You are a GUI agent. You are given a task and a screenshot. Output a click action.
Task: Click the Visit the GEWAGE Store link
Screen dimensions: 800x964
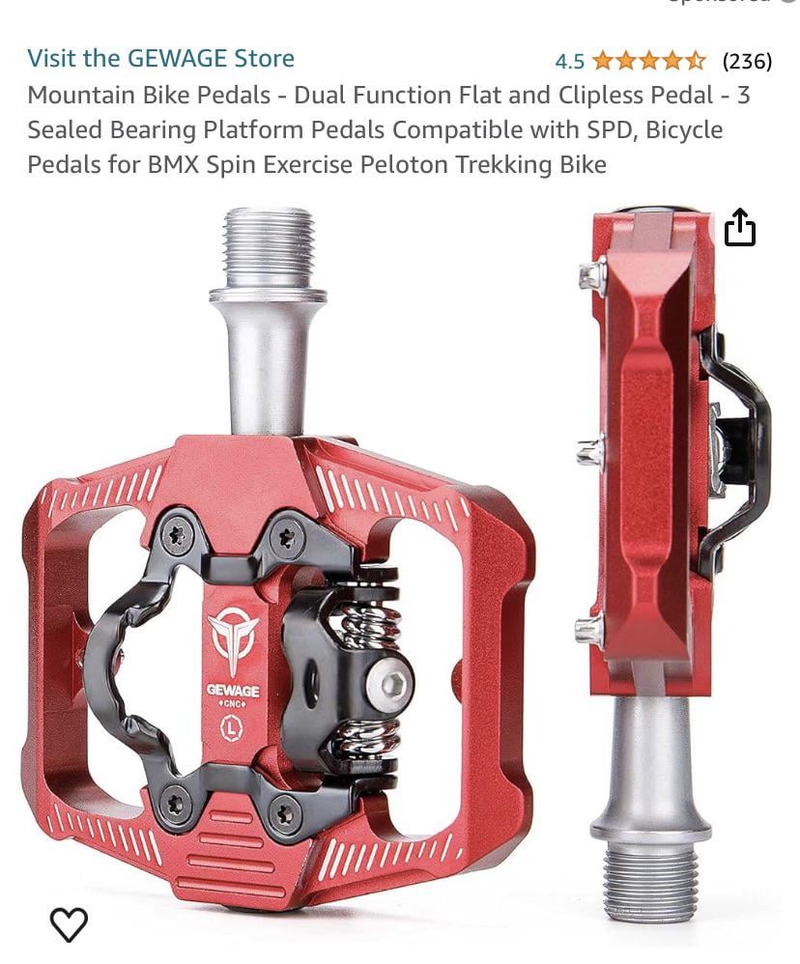pos(160,58)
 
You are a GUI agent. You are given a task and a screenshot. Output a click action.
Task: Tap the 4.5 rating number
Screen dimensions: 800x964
pos(569,62)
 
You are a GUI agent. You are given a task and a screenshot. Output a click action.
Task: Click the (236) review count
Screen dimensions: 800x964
pos(747,61)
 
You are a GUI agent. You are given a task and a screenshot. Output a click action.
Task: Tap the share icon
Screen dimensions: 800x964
pos(739,227)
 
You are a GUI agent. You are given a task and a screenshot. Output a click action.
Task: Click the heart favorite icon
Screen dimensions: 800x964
pos(69,923)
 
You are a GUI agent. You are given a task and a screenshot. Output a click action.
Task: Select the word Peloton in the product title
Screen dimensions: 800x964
pos(404,165)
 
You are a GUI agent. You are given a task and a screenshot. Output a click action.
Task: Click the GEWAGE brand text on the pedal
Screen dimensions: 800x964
pos(233,691)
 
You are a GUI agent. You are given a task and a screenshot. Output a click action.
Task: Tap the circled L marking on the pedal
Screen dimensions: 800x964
pos(231,728)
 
